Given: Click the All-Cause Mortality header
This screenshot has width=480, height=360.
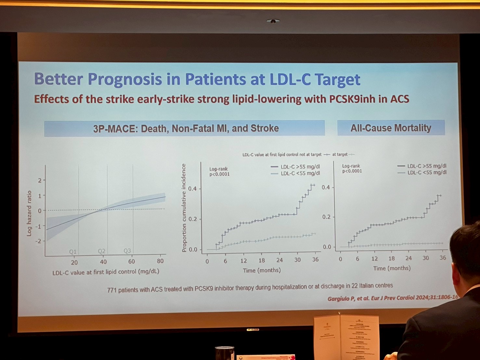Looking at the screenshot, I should tap(391, 128).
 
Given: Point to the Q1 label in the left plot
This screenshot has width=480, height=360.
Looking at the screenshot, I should tap(73, 251).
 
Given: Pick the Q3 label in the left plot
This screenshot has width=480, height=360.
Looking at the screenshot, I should tap(127, 251).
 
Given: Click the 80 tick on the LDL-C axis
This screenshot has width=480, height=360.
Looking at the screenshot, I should tap(160, 261).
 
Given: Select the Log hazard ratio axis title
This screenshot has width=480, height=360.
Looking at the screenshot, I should tap(29, 213).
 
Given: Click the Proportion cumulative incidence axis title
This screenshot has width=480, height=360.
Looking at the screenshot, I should tap(184, 208).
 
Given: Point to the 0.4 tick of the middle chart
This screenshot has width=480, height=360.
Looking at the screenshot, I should tap(193, 189).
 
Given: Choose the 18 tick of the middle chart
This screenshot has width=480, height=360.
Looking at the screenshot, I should tap(262, 260).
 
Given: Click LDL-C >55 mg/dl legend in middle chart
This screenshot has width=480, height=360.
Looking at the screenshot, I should tap(300, 167).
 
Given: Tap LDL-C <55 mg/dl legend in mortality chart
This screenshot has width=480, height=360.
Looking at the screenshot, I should tap(427, 173).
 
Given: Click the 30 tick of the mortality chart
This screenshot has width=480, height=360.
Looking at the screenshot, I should tap(426, 258).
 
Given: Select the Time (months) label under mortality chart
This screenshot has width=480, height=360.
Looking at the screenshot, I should tap(392, 268).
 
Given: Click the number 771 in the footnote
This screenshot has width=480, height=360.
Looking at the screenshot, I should tap(111, 290).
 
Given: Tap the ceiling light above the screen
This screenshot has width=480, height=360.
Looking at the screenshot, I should tap(273, 21).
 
